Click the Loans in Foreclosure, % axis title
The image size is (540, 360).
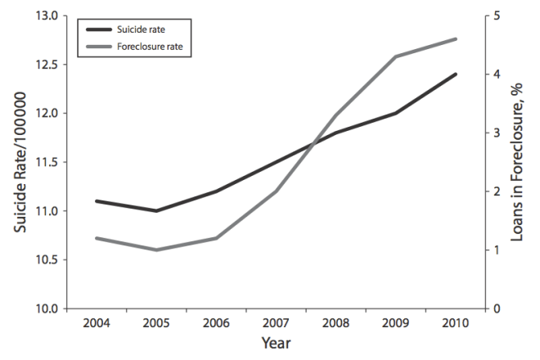[517, 162]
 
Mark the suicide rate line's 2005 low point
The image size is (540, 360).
[155, 211]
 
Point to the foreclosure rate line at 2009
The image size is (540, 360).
[395, 56]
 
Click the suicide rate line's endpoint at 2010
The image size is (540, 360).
[455, 74]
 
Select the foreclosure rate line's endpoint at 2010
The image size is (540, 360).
[455, 38]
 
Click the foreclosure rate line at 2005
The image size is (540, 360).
[155, 250]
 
